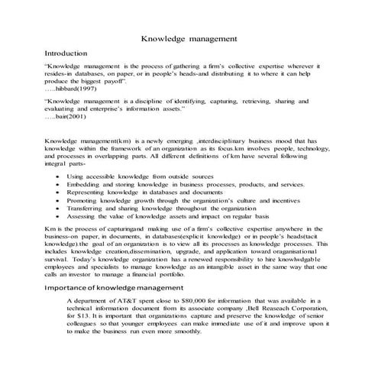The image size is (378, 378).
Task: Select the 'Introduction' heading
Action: (69, 53)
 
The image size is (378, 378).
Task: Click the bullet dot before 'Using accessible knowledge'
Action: (60, 176)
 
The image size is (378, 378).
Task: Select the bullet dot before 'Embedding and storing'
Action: (60, 185)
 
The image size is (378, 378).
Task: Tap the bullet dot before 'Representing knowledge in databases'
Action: (60, 194)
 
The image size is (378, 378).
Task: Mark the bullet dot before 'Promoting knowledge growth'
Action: (60, 203)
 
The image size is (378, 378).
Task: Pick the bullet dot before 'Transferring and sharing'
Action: (60, 212)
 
